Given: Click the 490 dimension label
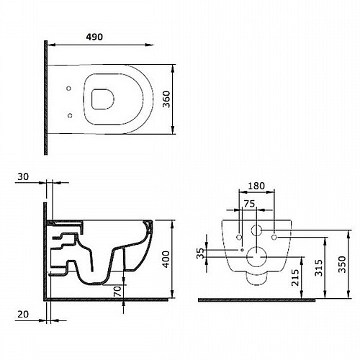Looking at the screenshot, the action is coord(94,37).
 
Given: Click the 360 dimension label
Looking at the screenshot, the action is coord(166,99).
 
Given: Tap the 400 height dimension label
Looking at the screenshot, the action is coord(166,259).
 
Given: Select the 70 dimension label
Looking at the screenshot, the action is coord(117,292).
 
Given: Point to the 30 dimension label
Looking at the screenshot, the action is coord(23,176).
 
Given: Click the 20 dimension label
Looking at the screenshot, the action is coord(23,314).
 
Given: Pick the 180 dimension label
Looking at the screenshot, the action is coord(256,186).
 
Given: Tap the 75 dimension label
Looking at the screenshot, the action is coord(249,204).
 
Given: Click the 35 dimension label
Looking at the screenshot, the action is coord(200,253).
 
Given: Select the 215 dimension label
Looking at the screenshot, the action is coord(295,277).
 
